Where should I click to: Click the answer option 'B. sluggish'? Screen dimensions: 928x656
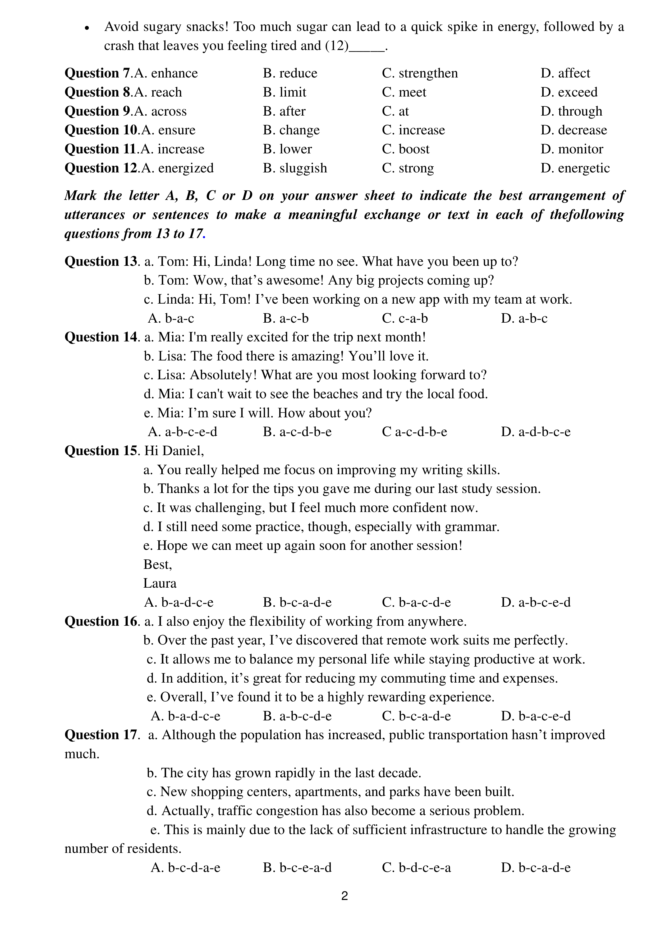point(295,168)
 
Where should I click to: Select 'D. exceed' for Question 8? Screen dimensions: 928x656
point(569,92)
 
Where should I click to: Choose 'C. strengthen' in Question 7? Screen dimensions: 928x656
point(420,73)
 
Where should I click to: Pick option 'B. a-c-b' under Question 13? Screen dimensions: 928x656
point(285,318)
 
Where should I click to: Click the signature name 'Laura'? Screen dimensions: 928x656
point(160,583)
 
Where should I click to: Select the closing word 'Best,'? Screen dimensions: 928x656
point(158,564)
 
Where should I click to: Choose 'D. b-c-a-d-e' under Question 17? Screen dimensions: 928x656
point(535,867)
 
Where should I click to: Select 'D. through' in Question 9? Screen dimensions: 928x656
point(571,111)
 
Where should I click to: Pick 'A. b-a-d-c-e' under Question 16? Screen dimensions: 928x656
point(186,716)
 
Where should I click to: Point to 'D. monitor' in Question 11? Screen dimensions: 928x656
point(572,149)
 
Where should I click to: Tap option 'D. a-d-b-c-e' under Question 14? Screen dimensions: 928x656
point(535,432)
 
